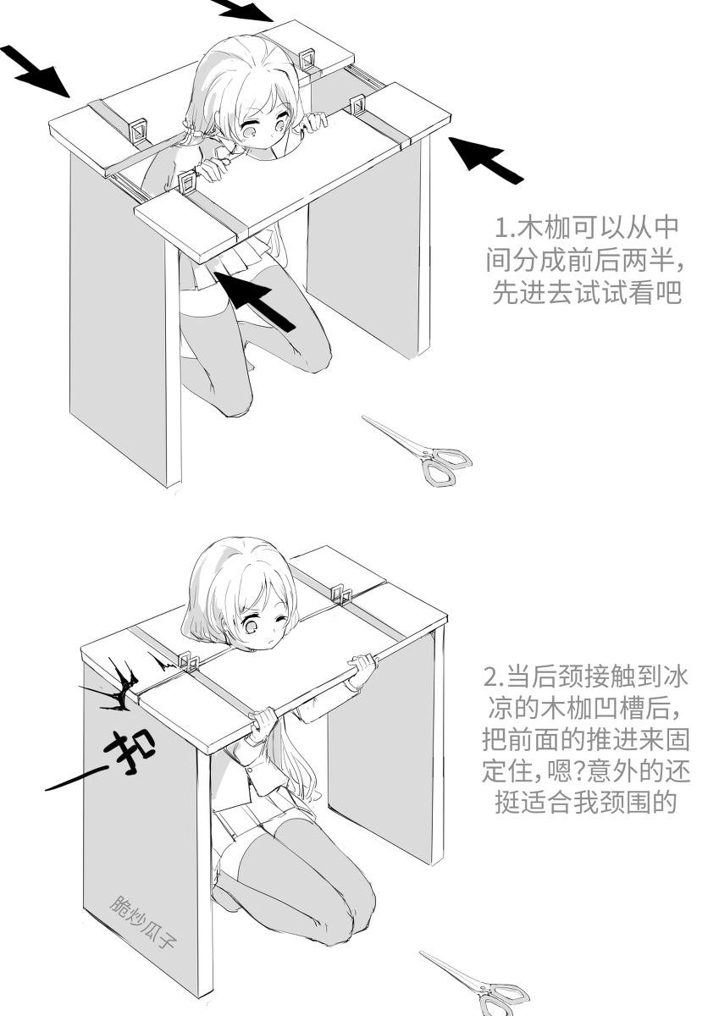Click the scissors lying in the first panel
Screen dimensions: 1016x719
coord(419,449)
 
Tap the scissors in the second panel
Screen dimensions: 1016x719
coord(478,982)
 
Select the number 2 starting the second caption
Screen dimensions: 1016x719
coord(490,678)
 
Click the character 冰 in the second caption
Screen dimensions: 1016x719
coord(673,678)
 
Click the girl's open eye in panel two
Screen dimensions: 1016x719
coord(252,627)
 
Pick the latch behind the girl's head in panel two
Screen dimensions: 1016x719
coord(340,592)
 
